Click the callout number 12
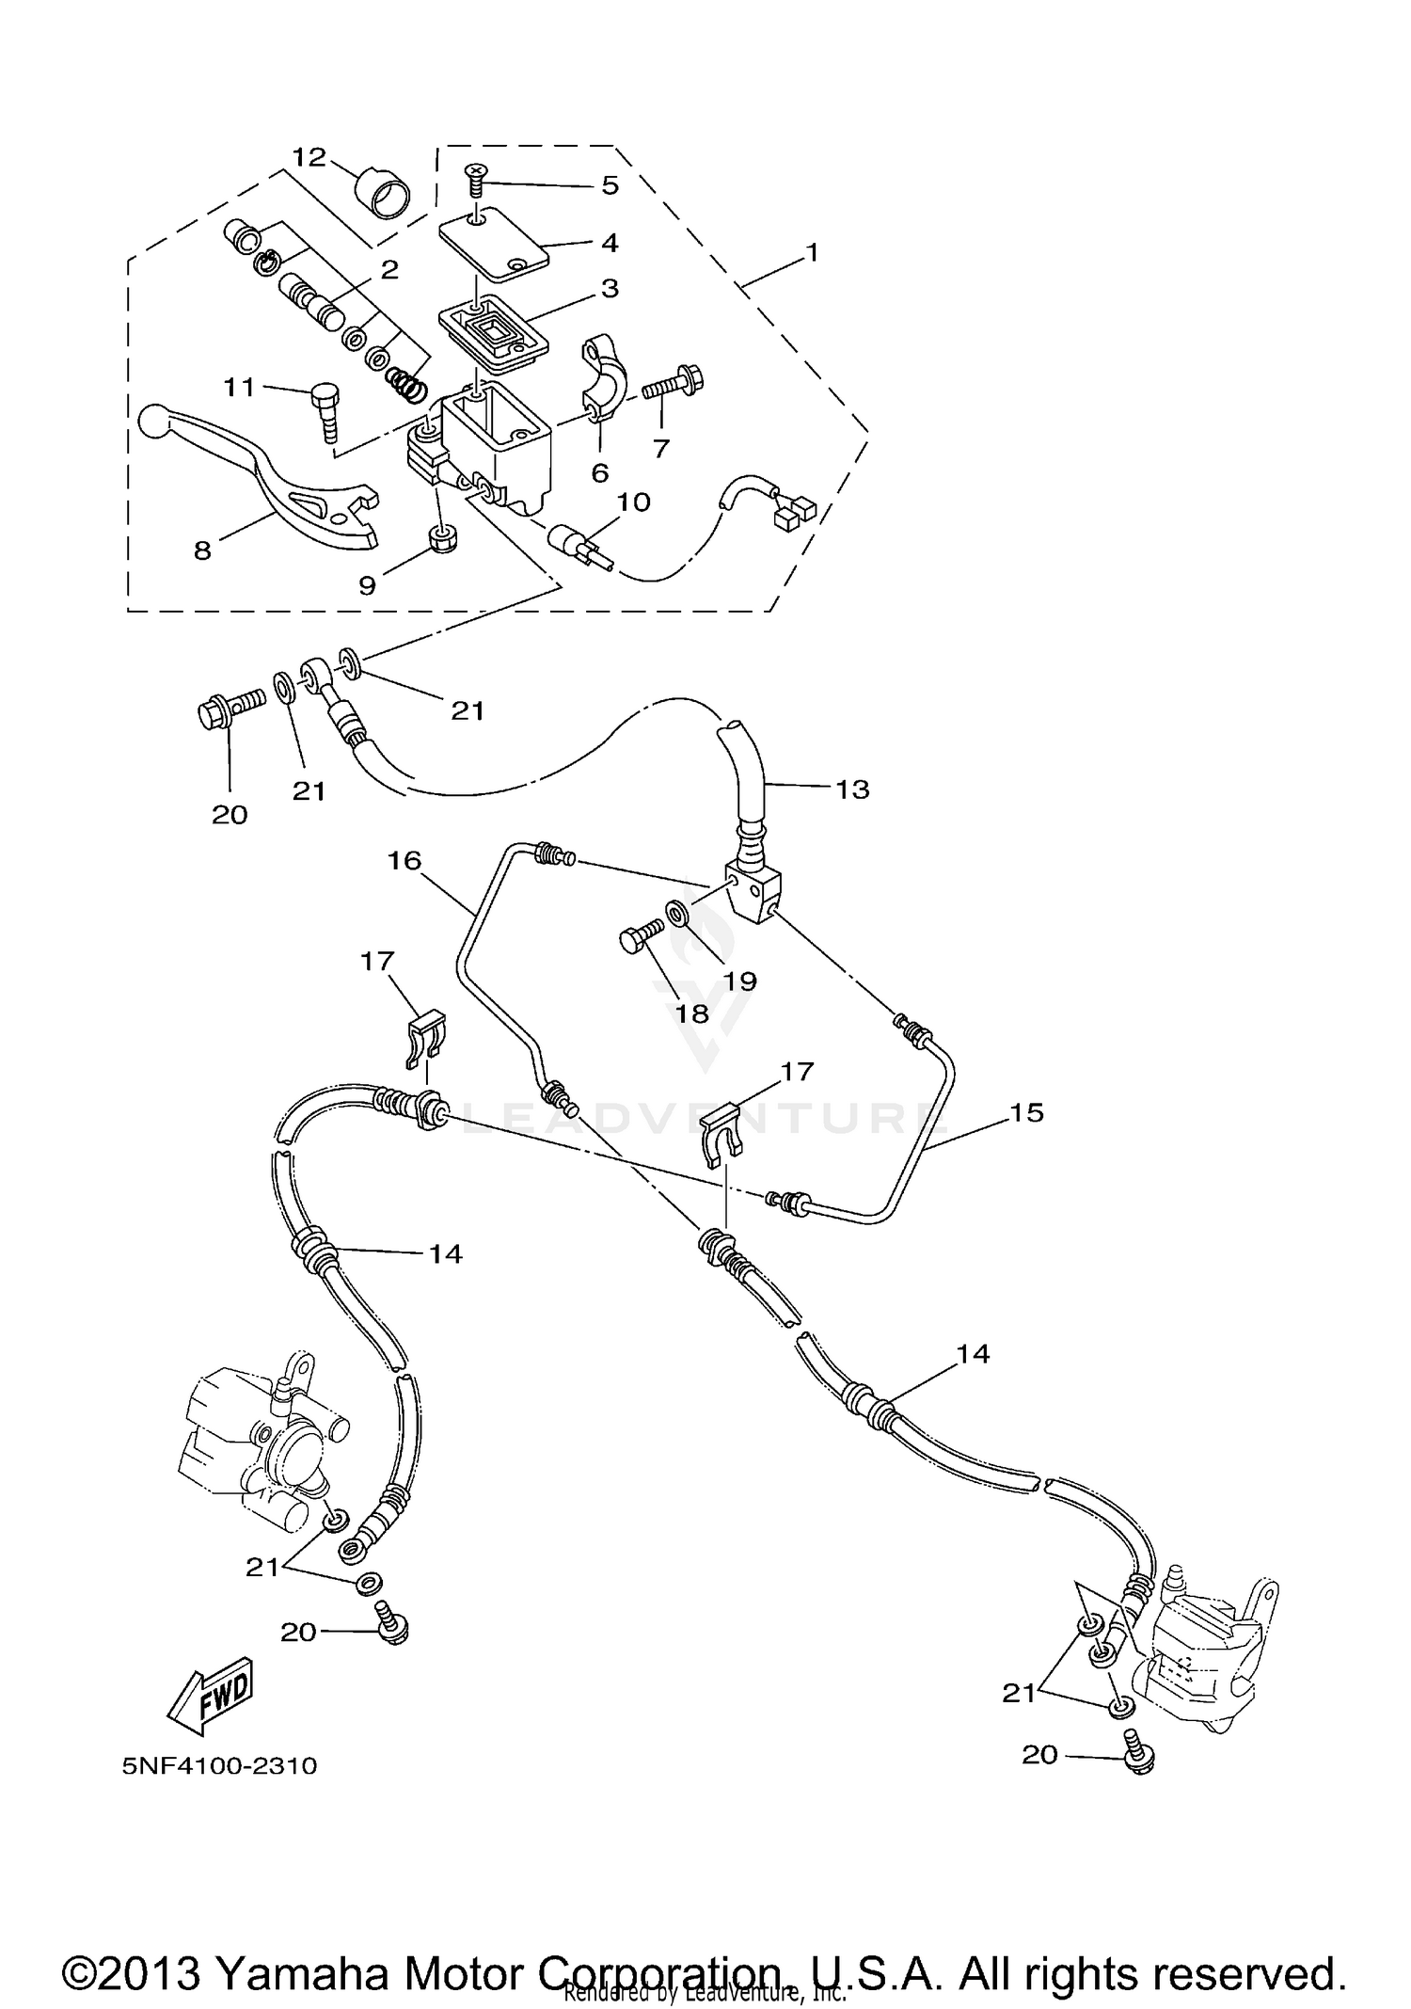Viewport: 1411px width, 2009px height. (308, 156)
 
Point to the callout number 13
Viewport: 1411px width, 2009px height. (852, 789)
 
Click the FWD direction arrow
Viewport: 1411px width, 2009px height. (211, 1695)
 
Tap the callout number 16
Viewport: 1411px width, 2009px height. (404, 860)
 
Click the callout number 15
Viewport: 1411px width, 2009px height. (1026, 1112)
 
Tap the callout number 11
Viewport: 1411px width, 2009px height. (239, 387)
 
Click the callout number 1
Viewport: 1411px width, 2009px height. (812, 253)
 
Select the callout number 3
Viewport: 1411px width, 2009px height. (610, 288)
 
